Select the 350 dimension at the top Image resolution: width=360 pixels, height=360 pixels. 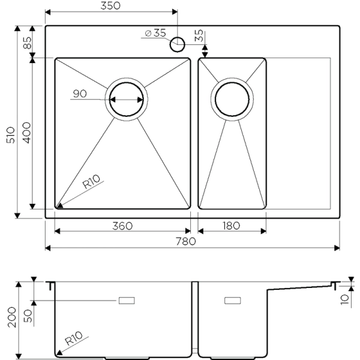pos(110,6)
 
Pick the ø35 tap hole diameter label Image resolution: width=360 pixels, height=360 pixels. pos(155,34)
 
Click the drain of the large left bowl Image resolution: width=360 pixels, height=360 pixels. pos(125,99)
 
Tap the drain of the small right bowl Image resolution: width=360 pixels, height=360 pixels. pos(232,99)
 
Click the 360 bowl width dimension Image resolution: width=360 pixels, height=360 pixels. pos(122,226)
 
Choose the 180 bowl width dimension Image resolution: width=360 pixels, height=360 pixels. pos(231,226)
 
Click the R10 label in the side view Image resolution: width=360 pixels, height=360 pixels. pos(76,339)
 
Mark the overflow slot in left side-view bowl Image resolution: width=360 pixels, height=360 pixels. pos(127,300)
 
